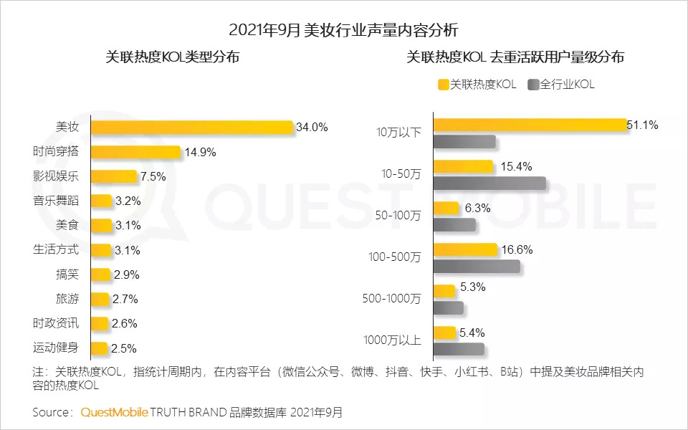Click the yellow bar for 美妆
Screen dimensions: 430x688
pyautogui.click(x=192, y=128)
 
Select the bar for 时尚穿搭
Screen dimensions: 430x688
pyautogui.click(x=136, y=152)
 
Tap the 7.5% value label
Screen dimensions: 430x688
pyautogui.click(x=153, y=176)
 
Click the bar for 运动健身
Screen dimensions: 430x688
pyautogui.click(x=100, y=348)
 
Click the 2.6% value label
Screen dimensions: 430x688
pyautogui.click(x=125, y=323)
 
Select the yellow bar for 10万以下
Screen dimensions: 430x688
pyautogui.click(x=530, y=125)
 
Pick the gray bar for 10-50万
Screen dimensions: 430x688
pyautogui.click(x=489, y=183)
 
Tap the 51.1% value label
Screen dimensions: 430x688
pyautogui.click(x=642, y=125)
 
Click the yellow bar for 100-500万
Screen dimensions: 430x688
pyautogui.click(x=465, y=249)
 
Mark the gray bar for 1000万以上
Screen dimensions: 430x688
pyautogui.click(x=459, y=349)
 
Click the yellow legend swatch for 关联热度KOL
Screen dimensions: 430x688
pyautogui.click(x=443, y=85)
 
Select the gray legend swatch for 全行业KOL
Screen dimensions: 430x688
pyautogui.click(x=532, y=85)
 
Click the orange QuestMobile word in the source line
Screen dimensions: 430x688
pyautogui.click(x=114, y=412)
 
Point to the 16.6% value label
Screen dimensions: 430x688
pyautogui.click(x=516, y=249)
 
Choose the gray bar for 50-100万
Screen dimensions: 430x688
pyautogui.click(x=454, y=225)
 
